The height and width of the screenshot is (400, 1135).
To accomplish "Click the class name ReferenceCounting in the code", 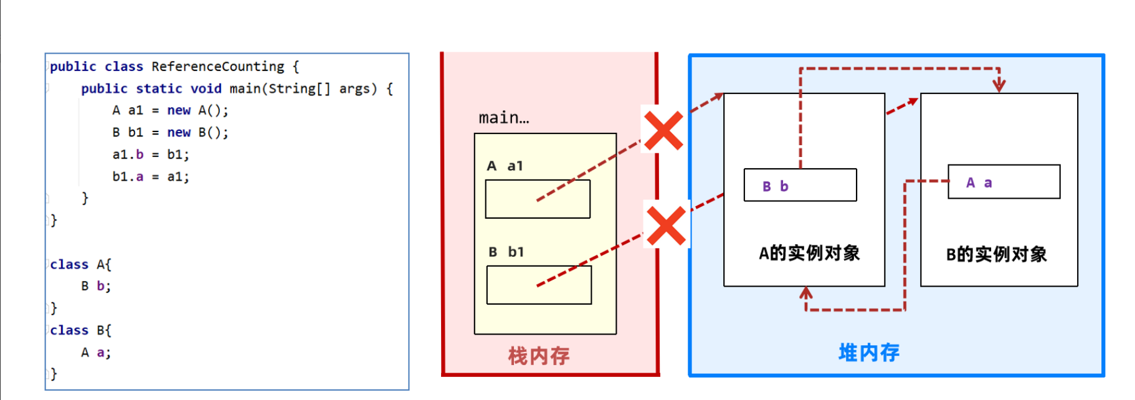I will [217, 67].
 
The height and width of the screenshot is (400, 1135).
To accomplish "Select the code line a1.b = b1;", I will [150, 155].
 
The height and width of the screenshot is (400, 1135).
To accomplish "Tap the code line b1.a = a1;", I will [150, 177].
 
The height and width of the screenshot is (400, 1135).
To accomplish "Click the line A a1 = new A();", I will [170, 111].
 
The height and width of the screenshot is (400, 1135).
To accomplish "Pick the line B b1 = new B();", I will [170, 133].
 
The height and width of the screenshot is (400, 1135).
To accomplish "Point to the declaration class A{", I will [80, 265].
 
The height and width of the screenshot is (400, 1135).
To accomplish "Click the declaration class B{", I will [80, 331].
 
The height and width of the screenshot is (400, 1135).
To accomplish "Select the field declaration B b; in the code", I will [96, 287].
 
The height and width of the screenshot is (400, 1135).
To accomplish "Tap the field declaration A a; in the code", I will [96, 353].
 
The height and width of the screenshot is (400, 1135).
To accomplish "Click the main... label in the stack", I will [503, 118].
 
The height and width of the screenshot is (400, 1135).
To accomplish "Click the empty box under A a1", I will [538, 199].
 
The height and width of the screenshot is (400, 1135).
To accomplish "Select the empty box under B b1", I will [539, 285].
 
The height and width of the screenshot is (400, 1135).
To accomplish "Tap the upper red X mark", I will [663, 131].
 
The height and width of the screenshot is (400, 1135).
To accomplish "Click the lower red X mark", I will [666, 226].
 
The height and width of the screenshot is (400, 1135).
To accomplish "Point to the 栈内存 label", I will [539, 356].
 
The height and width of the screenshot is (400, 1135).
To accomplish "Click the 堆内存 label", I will [869, 353].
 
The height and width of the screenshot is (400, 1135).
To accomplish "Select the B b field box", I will [800, 186].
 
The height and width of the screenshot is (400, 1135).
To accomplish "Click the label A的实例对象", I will [809, 254].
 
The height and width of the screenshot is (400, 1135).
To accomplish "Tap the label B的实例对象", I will [996, 255].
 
